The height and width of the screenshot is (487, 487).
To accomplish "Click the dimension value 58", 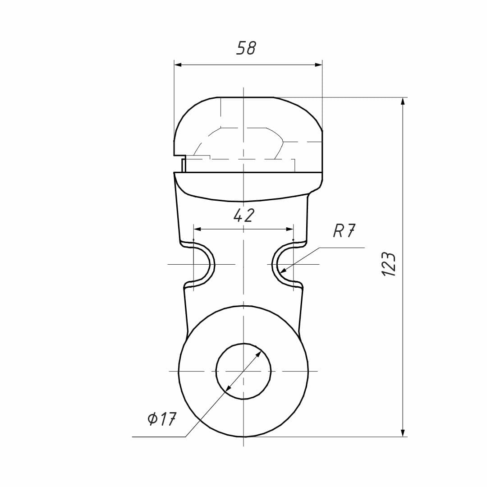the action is pos(246,48).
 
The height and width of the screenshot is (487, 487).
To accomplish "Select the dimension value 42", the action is pos(244,215).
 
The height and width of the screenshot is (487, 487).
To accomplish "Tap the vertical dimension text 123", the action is pos(389,264).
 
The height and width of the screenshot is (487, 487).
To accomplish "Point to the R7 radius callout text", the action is pos(344,230).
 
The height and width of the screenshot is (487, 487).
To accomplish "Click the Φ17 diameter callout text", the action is pos(162,419).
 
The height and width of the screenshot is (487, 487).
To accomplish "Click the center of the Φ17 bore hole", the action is pos(243,371).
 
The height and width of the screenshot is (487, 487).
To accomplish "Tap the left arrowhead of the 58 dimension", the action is pos(178,65).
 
